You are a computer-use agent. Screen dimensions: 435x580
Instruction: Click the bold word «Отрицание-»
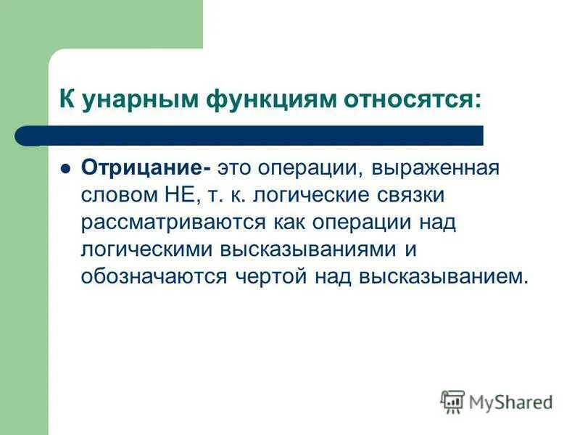pyautogui.click(x=146, y=168)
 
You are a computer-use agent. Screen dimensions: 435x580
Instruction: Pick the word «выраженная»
pyautogui.click(x=436, y=168)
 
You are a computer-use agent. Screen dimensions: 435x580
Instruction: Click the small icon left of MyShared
pyautogui.click(x=452, y=400)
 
